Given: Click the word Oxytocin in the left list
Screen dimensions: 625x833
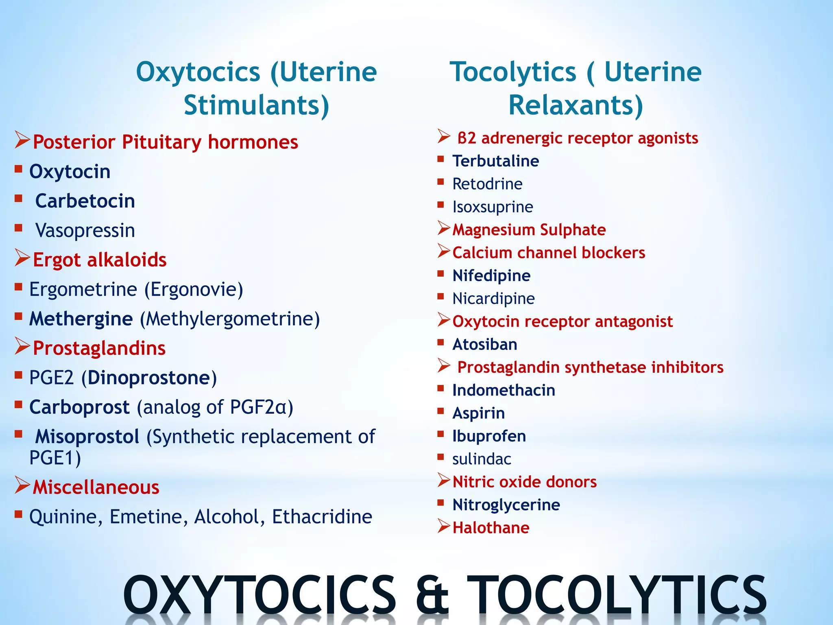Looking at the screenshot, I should click(x=70, y=172).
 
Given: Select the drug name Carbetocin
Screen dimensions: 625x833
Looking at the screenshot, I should click(x=85, y=201).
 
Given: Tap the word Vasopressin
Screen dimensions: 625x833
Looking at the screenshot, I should click(x=85, y=231).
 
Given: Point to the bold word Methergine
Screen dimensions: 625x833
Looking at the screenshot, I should click(x=81, y=319).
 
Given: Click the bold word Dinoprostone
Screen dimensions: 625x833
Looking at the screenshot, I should click(x=148, y=378).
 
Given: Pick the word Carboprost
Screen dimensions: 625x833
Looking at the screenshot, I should click(x=79, y=407).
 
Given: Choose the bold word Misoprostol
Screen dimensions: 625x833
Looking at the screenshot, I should click(x=87, y=437).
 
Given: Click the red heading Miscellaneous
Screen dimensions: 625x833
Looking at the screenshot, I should click(x=96, y=487).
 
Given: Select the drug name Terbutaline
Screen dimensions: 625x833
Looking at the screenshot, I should click(x=496, y=161).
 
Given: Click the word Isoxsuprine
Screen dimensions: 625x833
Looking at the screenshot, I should click(x=493, y=207).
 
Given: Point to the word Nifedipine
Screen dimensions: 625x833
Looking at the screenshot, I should click(x=491, y=276).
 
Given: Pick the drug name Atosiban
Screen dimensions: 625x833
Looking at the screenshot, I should click(x=485, y=345).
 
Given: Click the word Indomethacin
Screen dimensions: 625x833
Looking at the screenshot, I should click(x=504, y=391).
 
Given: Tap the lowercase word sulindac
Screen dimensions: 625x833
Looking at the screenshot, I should click(x=482, y=459).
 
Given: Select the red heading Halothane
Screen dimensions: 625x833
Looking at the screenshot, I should click(x=491, y=528).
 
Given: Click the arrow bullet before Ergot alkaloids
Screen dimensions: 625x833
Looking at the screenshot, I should click(x=22, y=258).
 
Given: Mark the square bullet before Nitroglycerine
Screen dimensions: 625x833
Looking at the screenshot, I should click(x=440, y=503).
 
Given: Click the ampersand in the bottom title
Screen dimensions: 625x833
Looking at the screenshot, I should click(x=432, y=595).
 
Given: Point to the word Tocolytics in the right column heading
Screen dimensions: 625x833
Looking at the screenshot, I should click(x=513, y=72).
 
